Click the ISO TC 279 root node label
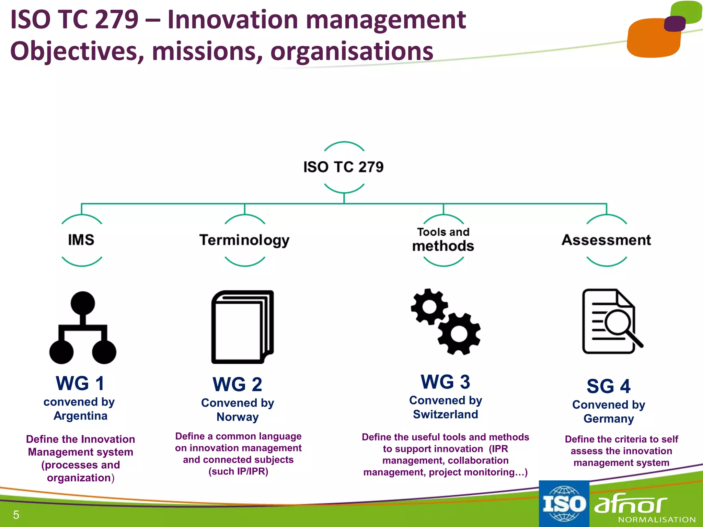click(344, 167)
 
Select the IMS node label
click(81, 240)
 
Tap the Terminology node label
click(244, 240)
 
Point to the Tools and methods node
click(443, 240)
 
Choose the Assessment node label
click(606, 240)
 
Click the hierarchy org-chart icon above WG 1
click(83, 328)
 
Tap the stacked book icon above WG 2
click(242, 327)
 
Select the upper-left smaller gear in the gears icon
click(429, 306)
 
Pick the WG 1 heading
click(80, 383)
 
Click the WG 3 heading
click(445, 382)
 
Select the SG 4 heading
click(608, 386)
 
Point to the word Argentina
click(80, 416)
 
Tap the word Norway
click(238, 417)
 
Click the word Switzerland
click(445, 414)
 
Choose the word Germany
click(609, 419)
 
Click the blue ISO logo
click(564, 504)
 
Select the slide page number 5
click(16, 515)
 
